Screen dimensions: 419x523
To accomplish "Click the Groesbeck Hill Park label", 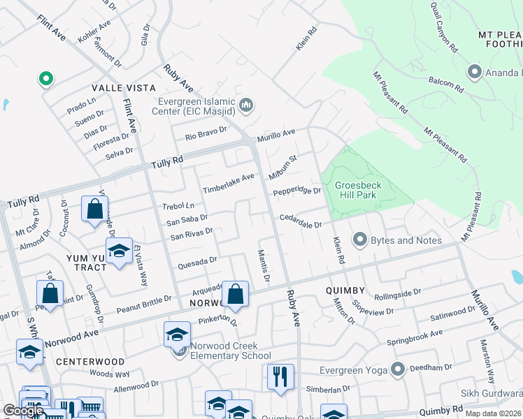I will tap(356, 190).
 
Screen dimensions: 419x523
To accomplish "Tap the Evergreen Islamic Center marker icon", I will tap(246, 106).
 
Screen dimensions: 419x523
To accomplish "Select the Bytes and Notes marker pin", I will tap(360, 240).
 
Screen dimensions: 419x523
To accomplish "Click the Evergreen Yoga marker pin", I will tap(399, 368).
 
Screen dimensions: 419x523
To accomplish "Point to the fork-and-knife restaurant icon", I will tap(280, 376).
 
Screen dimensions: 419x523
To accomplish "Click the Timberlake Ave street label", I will tap(228, 184).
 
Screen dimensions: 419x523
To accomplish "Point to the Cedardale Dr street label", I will tap(301, 221).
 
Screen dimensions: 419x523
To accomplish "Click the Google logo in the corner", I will tap(23, 411).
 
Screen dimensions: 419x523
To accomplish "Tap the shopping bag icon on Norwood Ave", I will tap(236, 295).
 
